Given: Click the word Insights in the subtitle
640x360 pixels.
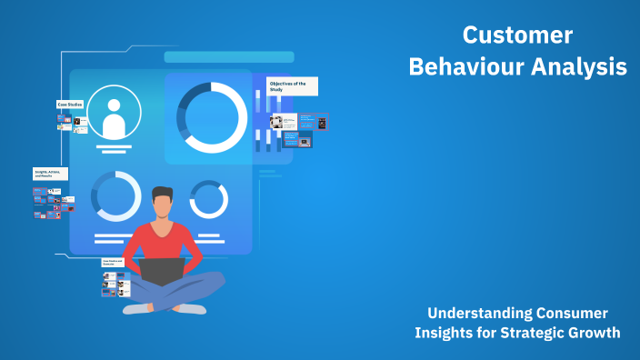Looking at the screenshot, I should click(445, 333).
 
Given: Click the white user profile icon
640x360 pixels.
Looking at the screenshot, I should click(115, 113).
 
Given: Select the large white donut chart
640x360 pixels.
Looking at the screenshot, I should click(212, 117).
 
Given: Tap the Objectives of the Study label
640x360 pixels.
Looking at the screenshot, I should click(292, 86).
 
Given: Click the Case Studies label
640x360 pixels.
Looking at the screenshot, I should click(71, 105).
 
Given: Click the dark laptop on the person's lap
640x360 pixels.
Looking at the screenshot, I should click(163, 272).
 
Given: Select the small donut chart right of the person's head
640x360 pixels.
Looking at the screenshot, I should click(208, 199).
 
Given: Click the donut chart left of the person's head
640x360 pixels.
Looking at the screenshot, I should click(115, 195).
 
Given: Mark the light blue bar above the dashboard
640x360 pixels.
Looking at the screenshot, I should click(228, 56).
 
